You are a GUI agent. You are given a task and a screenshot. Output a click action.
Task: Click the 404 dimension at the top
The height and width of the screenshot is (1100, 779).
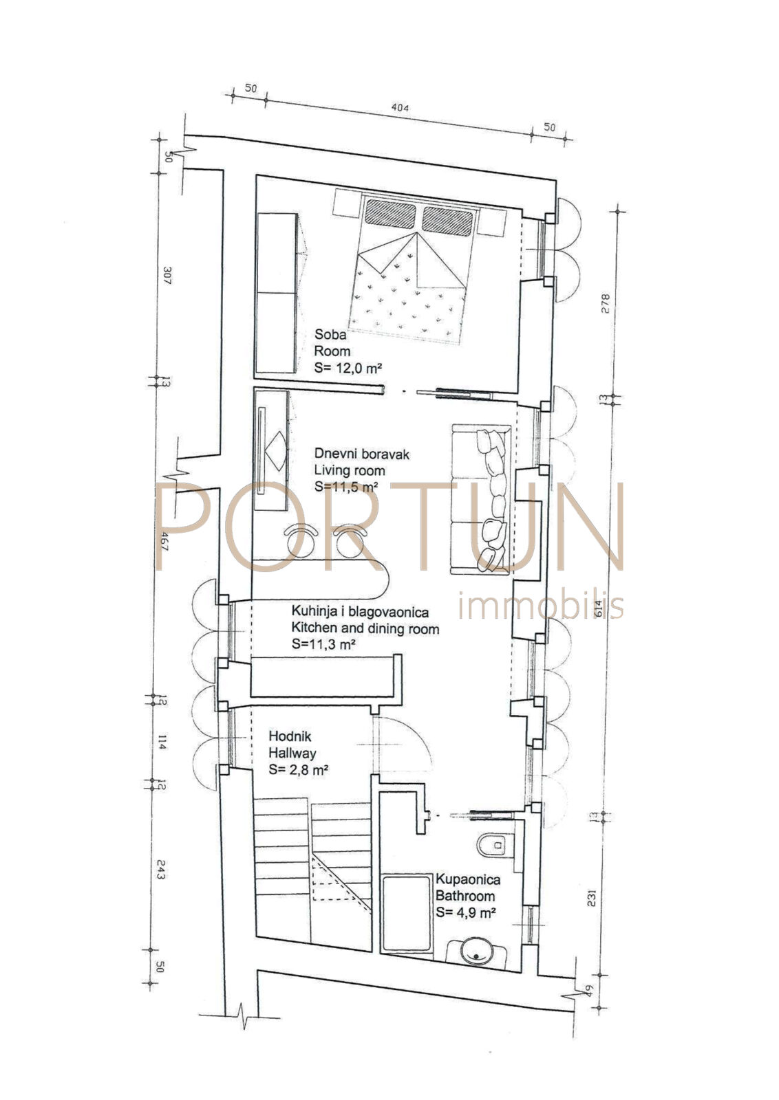click(400, 107)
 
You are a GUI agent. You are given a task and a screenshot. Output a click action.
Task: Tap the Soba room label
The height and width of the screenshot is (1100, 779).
click(330, 334)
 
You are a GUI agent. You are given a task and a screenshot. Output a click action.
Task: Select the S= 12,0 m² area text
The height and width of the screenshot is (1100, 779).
click(348, 368)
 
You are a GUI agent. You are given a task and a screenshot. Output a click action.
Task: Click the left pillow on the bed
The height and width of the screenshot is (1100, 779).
click(390, 214)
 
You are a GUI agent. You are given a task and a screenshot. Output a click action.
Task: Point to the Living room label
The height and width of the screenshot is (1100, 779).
click(350, 470)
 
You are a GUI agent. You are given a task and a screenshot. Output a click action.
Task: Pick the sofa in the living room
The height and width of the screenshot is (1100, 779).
click(482, 499)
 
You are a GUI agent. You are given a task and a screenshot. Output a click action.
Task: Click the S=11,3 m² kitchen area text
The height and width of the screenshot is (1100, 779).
click(323, 643)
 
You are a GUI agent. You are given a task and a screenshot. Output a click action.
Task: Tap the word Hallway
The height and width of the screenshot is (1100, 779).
click(292, 753)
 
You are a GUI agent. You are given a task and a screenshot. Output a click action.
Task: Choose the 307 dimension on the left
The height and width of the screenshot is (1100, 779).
click(167, 276)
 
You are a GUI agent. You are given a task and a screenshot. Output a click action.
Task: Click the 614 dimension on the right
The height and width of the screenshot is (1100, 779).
click(599, 609)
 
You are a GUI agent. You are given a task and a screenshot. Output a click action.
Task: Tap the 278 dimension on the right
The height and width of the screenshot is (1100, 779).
click(606, 303)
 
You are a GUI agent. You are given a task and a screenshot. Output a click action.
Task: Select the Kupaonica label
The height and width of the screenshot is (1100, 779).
click(468, 879)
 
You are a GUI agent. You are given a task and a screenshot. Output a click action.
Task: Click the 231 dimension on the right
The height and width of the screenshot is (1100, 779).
click(591, 898)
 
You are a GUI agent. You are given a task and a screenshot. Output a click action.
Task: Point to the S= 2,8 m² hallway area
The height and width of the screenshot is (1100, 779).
click(299, 769)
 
